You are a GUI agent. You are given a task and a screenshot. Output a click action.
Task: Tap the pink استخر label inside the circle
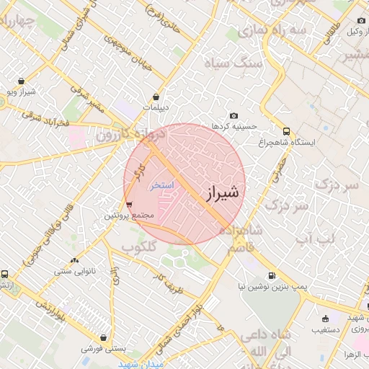coord(162,185)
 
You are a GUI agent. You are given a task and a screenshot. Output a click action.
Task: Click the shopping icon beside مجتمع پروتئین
coord(129,205)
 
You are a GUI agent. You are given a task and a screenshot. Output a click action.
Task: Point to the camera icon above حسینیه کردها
coord(234,116)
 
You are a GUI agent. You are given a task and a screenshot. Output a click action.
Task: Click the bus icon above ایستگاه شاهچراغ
coord(287,132)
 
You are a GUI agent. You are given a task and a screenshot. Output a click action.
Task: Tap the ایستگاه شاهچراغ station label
coord(288,143)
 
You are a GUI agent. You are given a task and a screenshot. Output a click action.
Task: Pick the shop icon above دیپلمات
coord(156,97)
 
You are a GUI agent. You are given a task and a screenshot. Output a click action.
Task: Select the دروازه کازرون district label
coord(131,134)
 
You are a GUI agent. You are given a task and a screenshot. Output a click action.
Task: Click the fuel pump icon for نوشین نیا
coord(272,275)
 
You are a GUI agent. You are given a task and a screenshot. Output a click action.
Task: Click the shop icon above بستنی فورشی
coord(105,337)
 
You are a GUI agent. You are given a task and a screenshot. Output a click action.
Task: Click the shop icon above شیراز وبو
coord(22,81)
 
